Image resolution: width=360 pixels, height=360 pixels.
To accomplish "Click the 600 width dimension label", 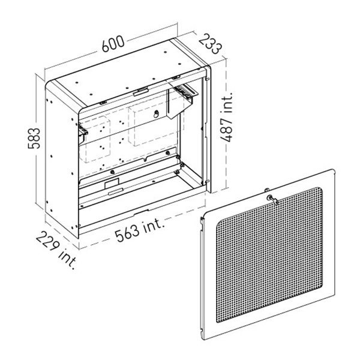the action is click(113, 44).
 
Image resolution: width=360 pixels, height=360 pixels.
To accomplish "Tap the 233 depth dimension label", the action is click(211, 44).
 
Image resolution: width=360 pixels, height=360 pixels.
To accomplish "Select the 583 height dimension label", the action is click(34, 138).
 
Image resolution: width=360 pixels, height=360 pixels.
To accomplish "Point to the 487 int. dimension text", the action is click(226, 117).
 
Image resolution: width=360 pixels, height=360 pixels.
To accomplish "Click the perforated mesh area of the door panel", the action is click(269, 255).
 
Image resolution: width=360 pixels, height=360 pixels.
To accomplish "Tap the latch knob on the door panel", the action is click(272, 199).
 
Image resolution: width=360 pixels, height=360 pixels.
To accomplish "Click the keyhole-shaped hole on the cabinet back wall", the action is click(156, 113).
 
